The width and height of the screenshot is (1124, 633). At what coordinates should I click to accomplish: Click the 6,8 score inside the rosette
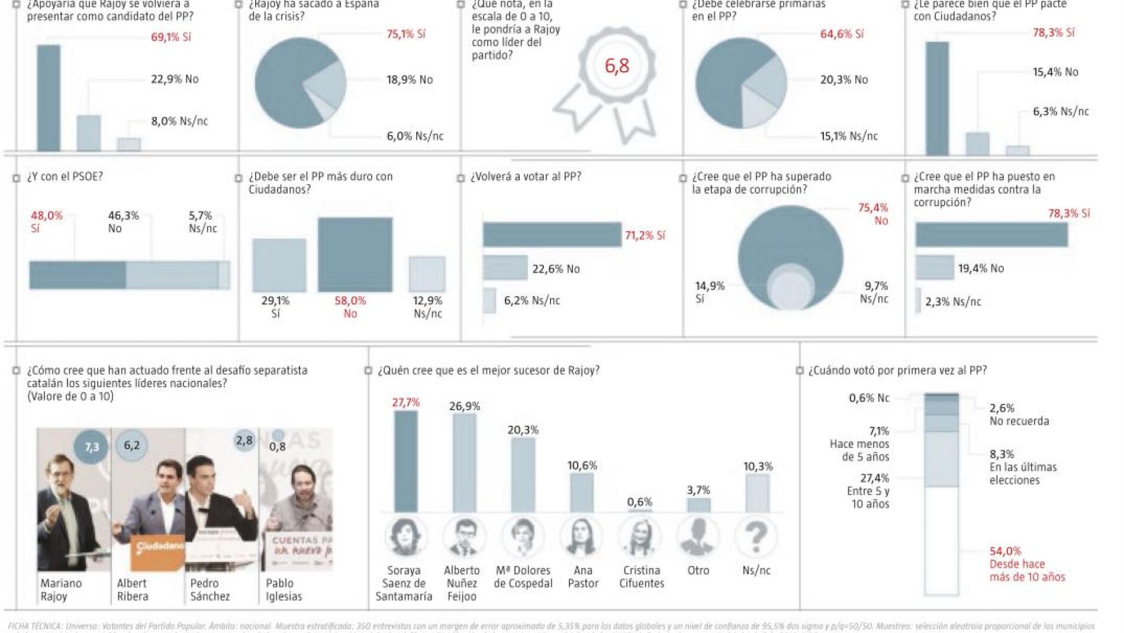(x=617, y=66)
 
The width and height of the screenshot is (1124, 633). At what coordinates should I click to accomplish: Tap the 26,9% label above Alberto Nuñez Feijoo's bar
(x=465, y=406)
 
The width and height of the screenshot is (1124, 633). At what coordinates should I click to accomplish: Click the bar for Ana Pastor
(x=582, y=492)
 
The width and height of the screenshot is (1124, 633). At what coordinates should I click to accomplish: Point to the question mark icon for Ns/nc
(x=756, y=537)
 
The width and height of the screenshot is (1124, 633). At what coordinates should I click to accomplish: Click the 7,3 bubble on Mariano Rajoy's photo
(x=92, y=447)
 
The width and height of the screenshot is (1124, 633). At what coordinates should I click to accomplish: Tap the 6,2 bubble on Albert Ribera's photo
(x=131, y=445)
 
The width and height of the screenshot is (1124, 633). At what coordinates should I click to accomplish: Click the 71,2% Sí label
(x=645, y=236)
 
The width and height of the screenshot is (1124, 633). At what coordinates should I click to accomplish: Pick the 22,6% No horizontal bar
(x=505, y=268)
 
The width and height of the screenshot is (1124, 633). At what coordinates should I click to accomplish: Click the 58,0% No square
(x=355, y=255)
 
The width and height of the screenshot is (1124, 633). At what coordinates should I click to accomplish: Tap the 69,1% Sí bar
(x=49, y=98)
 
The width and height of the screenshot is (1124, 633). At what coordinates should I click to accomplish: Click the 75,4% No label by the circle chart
(x=873, y=214)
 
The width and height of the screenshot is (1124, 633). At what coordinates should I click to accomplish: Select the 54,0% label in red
(x=1005, y=551)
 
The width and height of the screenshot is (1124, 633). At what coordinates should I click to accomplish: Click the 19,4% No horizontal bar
(x=935, y=268)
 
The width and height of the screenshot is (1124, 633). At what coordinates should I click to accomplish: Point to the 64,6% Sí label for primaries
(x=842, y=34)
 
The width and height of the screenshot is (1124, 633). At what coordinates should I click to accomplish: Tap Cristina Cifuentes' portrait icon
(x=640, y=537)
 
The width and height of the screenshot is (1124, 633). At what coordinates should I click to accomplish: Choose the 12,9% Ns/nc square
(x=427, y=274)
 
